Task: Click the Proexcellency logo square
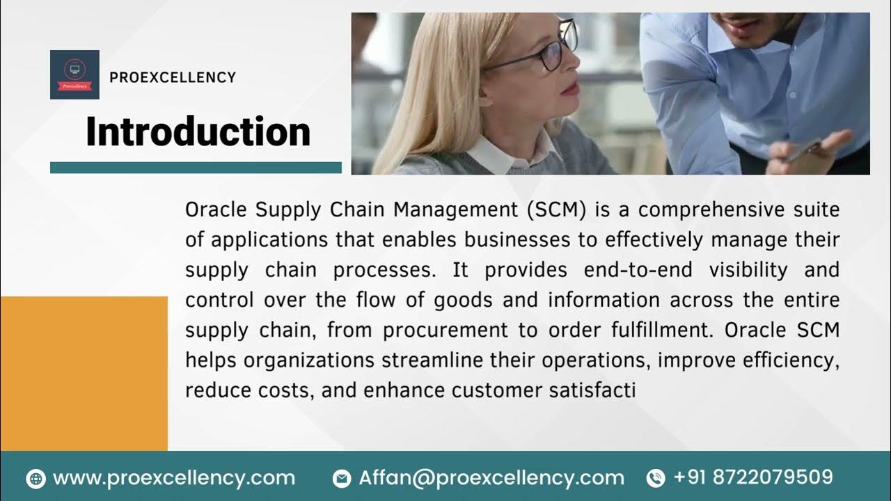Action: [x=74, y=74]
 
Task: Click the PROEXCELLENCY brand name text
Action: [x=173, y=77]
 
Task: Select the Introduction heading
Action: [x=198, y=132]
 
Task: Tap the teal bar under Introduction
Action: [x=196, y=168]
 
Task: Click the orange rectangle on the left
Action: [x=84, y=373]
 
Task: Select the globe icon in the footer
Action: [x=36, y=479]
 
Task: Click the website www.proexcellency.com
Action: [x=174, y=478]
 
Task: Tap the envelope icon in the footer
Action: [x=342, y=479]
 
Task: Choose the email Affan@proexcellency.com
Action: [x=491, y=478]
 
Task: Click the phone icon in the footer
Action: [x=655, y=479]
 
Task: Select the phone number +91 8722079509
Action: [x=753, y=477]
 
